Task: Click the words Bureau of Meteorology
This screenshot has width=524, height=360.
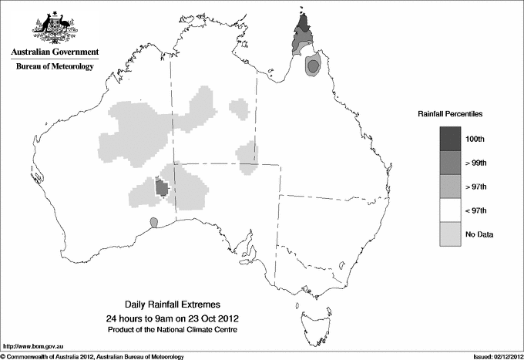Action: pos(54,67)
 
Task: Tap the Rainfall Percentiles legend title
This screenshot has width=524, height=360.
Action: pos(450,114)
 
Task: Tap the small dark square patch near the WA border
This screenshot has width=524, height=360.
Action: pos(162,187)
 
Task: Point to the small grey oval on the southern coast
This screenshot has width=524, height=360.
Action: pos(154,222)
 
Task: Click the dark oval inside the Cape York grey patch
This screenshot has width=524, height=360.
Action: pos(312,67)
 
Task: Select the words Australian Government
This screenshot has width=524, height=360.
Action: pos(54,52)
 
